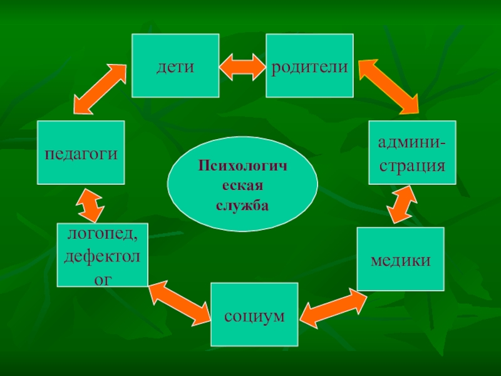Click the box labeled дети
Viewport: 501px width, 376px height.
pyautogui.click(x=175, y=66)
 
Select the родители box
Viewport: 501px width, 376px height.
pyautogui.click(x=309, y=66)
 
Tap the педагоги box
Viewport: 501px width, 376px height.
pyautogui.click(x=81, y=152)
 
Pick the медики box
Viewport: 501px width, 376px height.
pyautogui.click(x=400, y=259)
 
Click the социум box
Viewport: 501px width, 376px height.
pyautogui.click(x=254, y=314)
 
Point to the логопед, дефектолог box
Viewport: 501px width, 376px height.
pyautogui.click(x=103, y=254)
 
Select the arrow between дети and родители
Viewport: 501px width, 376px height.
pyautogui.click(x=242, y=66)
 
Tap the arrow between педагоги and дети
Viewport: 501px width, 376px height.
pyautogui.click(x=101, y=87)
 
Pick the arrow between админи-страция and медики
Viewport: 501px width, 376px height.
pyautogui.click(x=403, y=205)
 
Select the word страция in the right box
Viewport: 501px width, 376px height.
pyautogui.click(x=412, y=166)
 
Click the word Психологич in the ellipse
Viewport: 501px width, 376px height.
pyautogui.click(x=242, y=167)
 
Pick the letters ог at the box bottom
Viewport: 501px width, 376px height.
pyautogui.click(x=103, y=276)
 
